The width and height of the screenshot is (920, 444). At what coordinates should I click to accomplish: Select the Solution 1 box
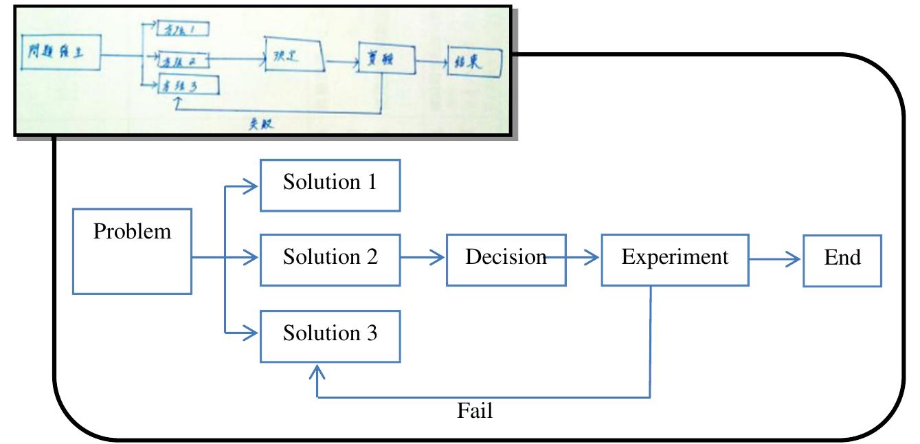330,185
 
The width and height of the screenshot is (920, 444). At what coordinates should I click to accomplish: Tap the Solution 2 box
330,259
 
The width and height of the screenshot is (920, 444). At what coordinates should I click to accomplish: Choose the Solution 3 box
330,336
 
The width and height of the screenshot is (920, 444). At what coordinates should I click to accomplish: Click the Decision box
506,259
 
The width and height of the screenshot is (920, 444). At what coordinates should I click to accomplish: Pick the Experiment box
675,259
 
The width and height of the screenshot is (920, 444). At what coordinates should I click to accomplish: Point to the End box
842,259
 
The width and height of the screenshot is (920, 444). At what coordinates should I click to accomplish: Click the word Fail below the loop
475,412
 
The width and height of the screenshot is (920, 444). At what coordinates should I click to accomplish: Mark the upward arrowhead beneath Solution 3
316,372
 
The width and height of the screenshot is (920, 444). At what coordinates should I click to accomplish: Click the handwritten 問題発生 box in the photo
61,53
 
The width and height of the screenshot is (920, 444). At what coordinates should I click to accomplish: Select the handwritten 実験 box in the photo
386,61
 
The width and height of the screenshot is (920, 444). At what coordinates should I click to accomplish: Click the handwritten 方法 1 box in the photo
183,29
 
